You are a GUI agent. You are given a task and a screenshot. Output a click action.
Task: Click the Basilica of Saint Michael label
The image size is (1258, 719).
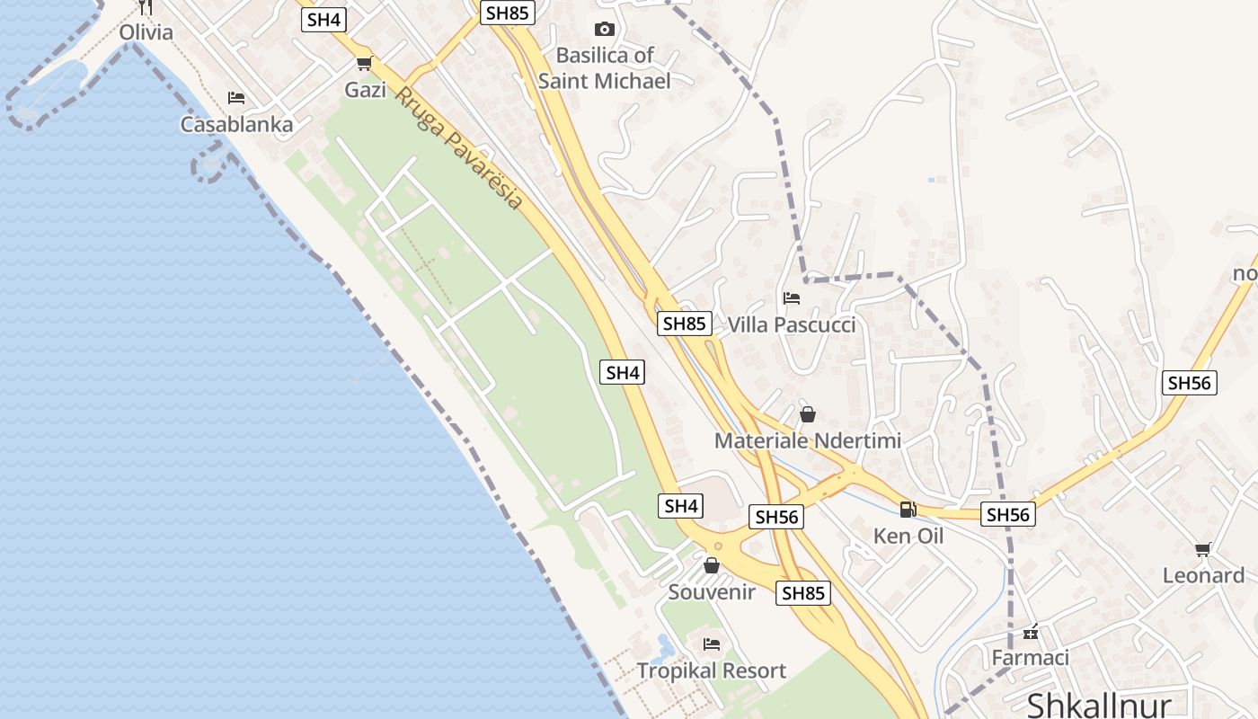[604, 68]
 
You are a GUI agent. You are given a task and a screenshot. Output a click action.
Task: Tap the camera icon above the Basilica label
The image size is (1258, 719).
[605, 30]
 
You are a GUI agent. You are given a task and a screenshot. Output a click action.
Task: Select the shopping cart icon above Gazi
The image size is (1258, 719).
[364, 63]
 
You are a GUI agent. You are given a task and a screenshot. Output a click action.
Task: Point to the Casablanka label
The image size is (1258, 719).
[236, 125]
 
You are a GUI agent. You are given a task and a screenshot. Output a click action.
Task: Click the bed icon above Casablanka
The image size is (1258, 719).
[236, 97]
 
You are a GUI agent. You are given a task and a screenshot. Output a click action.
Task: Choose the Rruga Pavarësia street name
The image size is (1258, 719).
[458, 148]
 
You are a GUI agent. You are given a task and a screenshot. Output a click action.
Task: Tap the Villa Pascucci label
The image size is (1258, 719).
[792, 324]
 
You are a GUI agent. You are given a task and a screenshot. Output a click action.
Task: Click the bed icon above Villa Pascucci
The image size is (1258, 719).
[792, 297]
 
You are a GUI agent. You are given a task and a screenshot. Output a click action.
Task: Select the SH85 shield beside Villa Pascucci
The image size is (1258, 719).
[685, 324]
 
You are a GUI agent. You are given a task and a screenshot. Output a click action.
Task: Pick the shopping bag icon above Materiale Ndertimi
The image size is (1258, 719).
[808, 414]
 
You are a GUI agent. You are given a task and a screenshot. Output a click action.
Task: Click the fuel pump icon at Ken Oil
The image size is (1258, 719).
[908, 510]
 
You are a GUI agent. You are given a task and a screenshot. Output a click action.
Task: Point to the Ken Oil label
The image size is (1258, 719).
[908, 537]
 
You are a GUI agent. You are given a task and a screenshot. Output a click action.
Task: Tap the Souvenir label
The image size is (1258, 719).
[712, 592]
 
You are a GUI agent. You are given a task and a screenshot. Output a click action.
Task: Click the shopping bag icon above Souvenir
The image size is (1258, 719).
[712, 565]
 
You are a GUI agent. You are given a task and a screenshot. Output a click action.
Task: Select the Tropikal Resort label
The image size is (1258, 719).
[712, 670]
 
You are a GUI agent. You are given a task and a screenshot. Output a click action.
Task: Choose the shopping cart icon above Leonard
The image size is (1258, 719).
[1203, 549]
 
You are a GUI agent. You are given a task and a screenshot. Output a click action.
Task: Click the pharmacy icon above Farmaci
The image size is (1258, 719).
[1031, 632]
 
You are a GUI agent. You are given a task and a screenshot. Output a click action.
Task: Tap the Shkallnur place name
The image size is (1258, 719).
[1099, 704]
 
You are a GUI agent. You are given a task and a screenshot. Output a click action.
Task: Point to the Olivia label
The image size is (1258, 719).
[146, 32]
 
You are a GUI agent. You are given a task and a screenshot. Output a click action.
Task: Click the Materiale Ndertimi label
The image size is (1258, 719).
[808, 441]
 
